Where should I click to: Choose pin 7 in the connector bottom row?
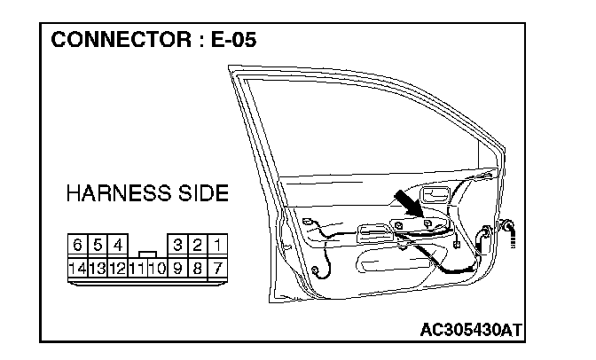click(x=218, y=266)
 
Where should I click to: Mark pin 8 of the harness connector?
click(x=199, y=266)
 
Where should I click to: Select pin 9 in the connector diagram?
click(x=178, y=266)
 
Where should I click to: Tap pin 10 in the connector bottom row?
click(x=158, y=266)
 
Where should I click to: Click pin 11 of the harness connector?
click(x=137, y=266)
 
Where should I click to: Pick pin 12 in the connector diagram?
click(x=118, y=266)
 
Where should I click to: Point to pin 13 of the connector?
click(x=98, y=266)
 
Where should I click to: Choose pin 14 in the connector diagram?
click(x=78, y=266)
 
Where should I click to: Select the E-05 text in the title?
click(x=228, y=41)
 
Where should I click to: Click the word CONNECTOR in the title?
click(x=115, y=41)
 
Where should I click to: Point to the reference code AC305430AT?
click(x=472, y=330)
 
